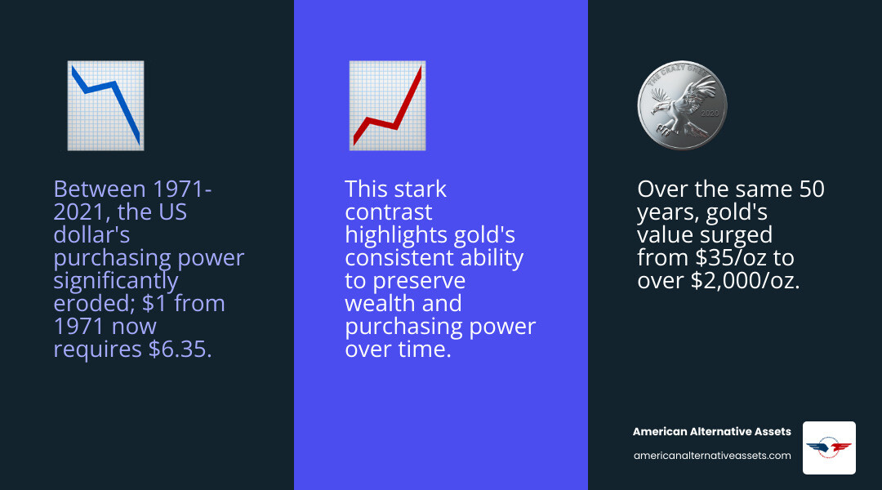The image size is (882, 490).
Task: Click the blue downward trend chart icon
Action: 105,105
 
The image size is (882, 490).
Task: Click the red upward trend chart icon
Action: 387,105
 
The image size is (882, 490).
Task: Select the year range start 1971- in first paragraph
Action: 181,189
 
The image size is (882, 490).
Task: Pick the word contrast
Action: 388,212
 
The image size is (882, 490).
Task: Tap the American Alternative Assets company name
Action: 712,431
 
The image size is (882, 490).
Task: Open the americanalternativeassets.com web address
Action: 712,456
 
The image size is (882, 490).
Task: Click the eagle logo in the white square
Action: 829,448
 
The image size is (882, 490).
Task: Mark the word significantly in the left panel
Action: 115,281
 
